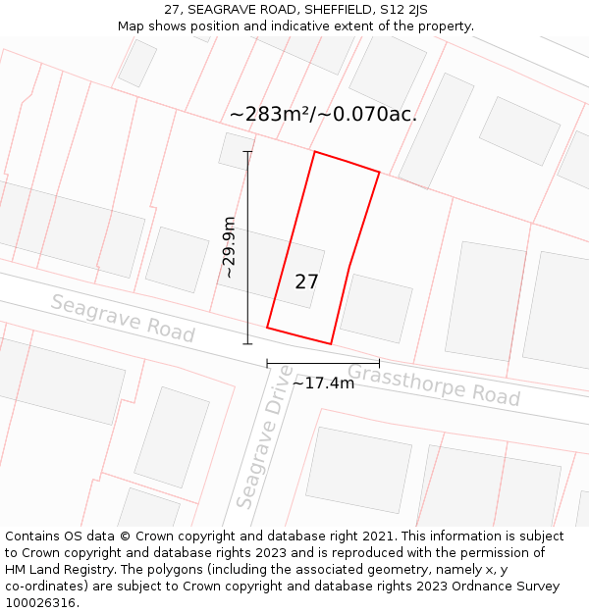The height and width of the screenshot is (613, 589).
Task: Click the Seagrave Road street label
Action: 123,318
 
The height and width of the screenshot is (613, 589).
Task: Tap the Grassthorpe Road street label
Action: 433,384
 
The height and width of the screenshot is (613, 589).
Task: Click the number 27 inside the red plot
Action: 306,282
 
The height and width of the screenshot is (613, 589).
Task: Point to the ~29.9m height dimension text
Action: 229,247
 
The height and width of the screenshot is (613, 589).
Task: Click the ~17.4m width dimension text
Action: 323,383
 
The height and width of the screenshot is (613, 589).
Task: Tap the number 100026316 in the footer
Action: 42,603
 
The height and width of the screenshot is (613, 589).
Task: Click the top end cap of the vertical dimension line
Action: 247,151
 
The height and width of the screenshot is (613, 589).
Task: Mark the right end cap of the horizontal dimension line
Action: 379,363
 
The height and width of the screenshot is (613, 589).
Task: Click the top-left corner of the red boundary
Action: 314,152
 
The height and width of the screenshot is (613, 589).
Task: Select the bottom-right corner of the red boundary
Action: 331,343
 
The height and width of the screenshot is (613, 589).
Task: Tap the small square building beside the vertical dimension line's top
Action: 236,150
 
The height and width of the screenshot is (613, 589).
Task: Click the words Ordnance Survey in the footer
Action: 506,587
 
